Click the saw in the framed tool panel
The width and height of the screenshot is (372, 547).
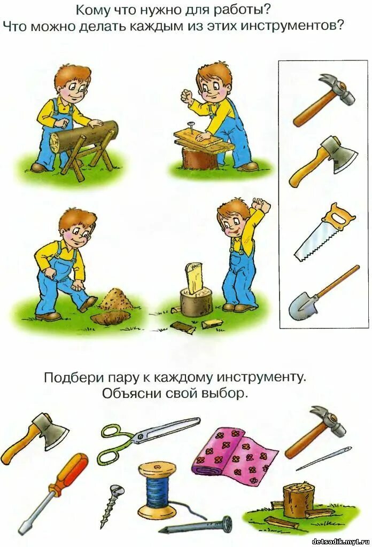coord(324,233)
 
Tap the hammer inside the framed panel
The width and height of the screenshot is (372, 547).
coord(323,99)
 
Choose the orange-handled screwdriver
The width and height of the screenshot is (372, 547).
coord(53,492)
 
